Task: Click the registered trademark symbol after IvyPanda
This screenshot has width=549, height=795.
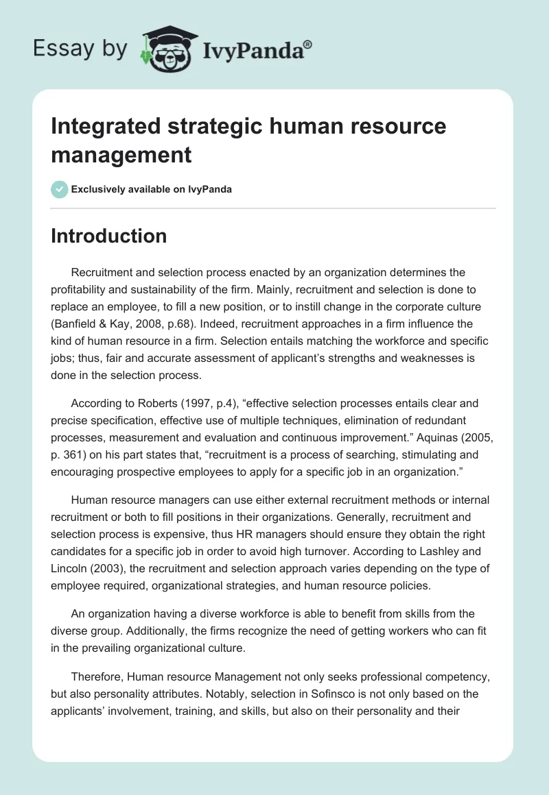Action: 308,45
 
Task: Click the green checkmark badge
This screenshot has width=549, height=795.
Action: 60,189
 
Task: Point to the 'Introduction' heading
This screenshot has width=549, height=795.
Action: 109,236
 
